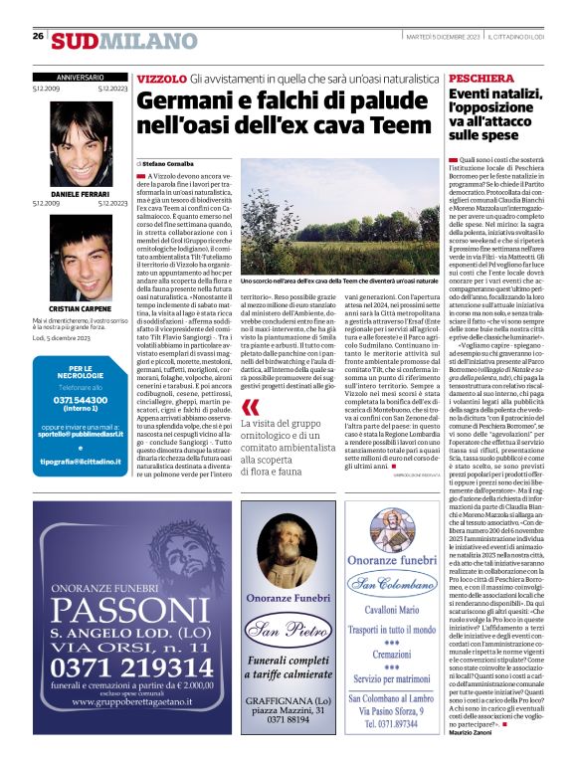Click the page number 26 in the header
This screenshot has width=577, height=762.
coord(38,36)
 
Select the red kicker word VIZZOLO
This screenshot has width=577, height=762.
coord(161,78)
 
